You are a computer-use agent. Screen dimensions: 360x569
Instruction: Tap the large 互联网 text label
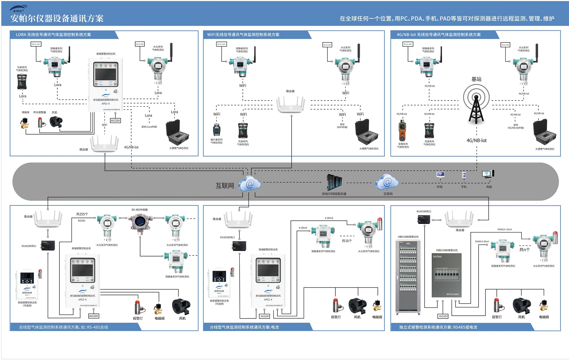[225, 186]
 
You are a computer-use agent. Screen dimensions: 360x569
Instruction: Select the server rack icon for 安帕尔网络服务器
[334, 182]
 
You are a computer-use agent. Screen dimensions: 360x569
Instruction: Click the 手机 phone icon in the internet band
[464, 175]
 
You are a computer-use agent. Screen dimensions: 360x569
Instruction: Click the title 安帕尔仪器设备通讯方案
[57, 18]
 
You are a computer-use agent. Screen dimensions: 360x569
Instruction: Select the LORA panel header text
[53, 34]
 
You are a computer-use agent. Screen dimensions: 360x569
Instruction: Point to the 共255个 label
[82, 214]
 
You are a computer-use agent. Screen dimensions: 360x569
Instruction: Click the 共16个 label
[347, 241]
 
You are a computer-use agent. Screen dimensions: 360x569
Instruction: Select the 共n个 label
[525, 249]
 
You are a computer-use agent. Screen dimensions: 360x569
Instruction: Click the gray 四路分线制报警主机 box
[447, 275]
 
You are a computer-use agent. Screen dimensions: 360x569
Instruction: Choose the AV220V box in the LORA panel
[115, 120]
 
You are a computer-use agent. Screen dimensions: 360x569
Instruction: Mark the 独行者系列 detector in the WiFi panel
[217, 130]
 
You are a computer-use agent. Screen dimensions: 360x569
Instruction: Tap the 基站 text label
[476, 79]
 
